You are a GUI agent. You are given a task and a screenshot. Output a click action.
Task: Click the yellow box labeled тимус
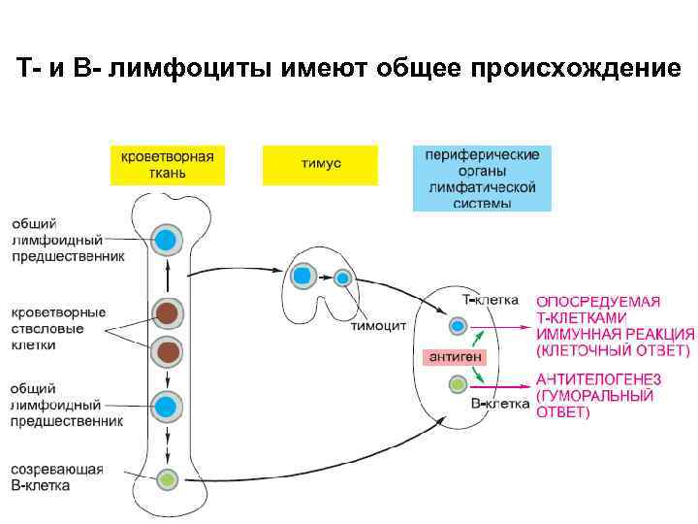319,164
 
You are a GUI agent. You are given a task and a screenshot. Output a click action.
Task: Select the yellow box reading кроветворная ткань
167,164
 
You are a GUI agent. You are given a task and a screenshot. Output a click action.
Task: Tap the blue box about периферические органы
482,179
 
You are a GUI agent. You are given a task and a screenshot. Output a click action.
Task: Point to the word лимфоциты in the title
205,70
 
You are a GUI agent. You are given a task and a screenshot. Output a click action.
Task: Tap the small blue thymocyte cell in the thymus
342,278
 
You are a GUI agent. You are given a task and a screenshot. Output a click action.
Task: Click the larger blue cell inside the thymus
302,276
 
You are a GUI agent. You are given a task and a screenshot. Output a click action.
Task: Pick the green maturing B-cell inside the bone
168,478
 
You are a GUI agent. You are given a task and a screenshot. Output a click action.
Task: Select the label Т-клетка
490,301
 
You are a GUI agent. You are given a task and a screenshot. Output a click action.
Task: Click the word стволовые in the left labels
48,329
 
